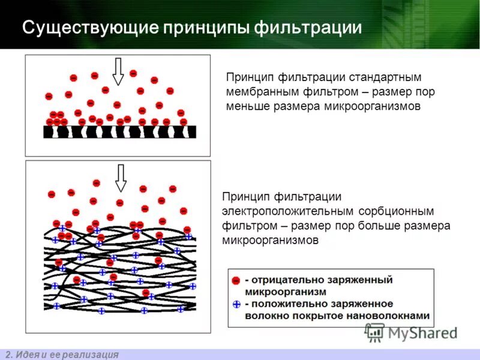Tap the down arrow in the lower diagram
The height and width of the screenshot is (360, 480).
click(121, 178)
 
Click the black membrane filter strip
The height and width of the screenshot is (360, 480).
click(119, 131)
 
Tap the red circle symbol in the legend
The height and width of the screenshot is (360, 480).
click(236, 281)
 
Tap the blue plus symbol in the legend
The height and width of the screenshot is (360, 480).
click(236, 304)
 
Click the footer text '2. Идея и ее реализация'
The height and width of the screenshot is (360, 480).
click(62, 354)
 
